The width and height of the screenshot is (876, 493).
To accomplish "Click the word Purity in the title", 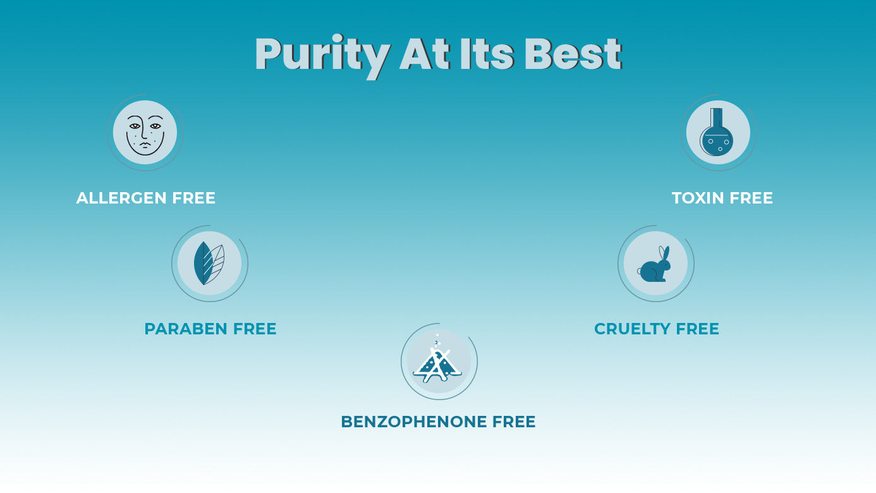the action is tap(322, 56).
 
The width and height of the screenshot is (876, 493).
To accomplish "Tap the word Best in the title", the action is tap(573, 54).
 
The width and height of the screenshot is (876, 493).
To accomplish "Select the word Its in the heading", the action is tap(487, 54).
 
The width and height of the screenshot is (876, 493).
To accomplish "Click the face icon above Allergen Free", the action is tap(145, 133).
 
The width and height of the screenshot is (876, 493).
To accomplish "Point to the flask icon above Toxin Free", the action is tap(717, 132).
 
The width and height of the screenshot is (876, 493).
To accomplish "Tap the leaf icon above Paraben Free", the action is tap(209, 263).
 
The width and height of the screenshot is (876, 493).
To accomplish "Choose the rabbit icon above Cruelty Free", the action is tap(654, 264).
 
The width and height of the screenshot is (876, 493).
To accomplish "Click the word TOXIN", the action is tap(698, 198).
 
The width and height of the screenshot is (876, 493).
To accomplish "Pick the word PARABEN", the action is tap(186, 329).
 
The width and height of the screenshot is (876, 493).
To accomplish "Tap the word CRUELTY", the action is tap(631, 329).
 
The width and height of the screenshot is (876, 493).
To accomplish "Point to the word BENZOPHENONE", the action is tap(415, 422).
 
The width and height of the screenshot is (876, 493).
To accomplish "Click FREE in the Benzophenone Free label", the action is tap(514, 422).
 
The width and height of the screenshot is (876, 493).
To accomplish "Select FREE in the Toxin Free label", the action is tap(751, 198).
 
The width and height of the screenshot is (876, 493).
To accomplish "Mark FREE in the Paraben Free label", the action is tap(255, 329).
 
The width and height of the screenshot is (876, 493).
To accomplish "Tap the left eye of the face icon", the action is tap(135, 126).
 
